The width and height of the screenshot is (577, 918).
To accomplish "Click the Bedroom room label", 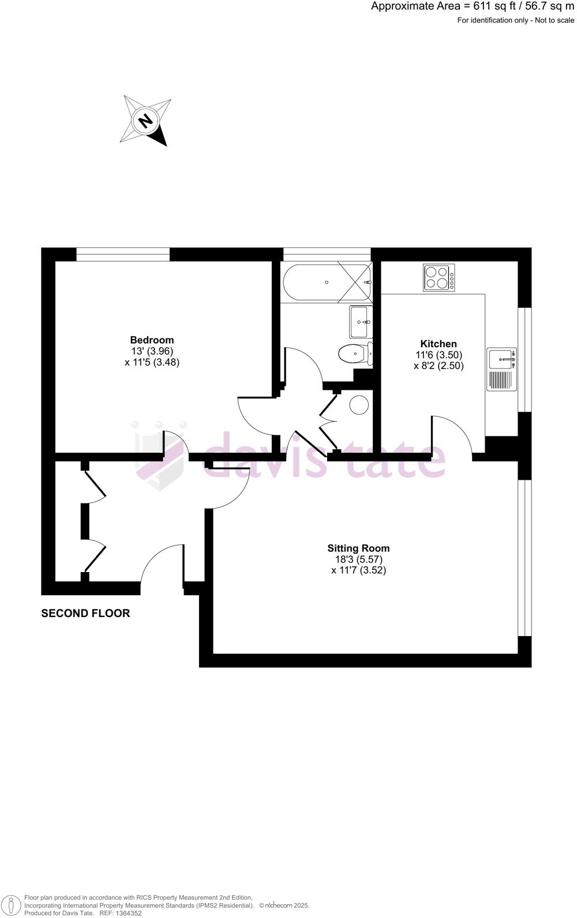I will click(152, 340).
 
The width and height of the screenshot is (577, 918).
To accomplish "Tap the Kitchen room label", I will click(439, 344).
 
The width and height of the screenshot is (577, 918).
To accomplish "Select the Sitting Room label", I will click(358, 548).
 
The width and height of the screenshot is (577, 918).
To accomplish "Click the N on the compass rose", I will click(146, 121).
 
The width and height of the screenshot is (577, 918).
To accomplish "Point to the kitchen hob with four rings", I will click(439, 277).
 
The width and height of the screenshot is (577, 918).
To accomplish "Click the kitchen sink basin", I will click(501, 359).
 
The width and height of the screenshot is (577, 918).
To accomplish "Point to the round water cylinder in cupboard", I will click(359, 405).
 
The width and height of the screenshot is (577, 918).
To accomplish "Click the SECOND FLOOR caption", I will click(85, 614).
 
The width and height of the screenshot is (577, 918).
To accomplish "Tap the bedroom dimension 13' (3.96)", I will click(152, 351).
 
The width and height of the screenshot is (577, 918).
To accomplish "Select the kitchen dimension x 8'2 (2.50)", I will click(439, 366).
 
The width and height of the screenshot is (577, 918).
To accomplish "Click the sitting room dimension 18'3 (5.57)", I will click(358, 559).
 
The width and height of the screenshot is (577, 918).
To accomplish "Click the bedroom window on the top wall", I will click(123, 254).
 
